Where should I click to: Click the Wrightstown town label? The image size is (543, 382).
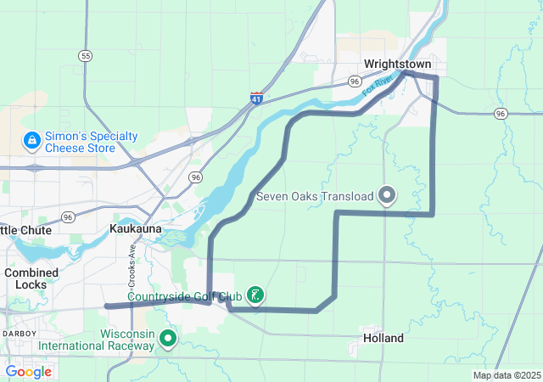[x=398, y=64]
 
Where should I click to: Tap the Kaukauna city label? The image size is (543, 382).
[x=136, y=229]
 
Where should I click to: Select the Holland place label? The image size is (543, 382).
[x=383, y=338]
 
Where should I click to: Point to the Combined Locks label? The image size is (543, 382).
[x=31, y=278]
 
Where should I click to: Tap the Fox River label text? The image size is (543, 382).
[x=378, y=85]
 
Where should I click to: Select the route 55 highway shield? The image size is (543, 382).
[x=84, y=55]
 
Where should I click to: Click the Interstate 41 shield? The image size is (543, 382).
[x=256, y=98]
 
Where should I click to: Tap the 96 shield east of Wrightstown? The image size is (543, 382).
[x=501, y=113]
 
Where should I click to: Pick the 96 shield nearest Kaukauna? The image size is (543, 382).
[x=196, y=177]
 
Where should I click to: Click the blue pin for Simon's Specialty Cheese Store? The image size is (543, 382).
[x=31, y=139]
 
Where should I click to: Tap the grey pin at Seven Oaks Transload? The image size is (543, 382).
[x=388, y=195]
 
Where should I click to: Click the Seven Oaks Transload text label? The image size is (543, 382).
[x=315, y=197]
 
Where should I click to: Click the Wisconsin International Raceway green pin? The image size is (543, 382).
[x=168, y=340]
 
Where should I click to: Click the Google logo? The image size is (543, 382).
[x=28, y=371]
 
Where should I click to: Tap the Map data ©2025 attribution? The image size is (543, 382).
[x=506, y=375]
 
